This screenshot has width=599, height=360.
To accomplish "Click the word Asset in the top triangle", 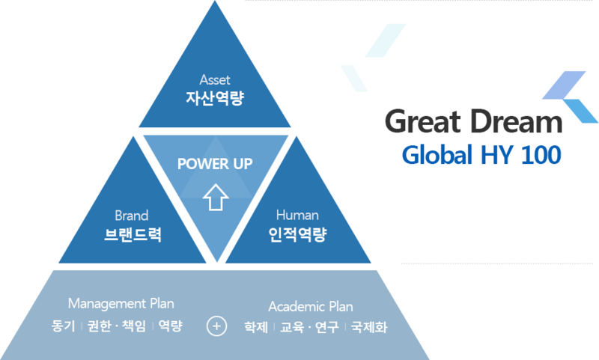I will [215, 79].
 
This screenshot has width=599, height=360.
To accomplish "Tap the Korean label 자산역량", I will [215, 97].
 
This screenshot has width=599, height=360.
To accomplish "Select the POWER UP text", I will [215, 164].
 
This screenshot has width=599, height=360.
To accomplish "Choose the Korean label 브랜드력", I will [133, 234].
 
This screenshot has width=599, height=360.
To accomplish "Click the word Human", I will [297, 216].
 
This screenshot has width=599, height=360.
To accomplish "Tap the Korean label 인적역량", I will [297, 234].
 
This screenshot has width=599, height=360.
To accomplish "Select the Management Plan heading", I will [121, 303].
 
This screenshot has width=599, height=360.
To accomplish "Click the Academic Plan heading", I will [311, 307].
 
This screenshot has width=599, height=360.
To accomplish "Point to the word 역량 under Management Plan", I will [171, 326].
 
